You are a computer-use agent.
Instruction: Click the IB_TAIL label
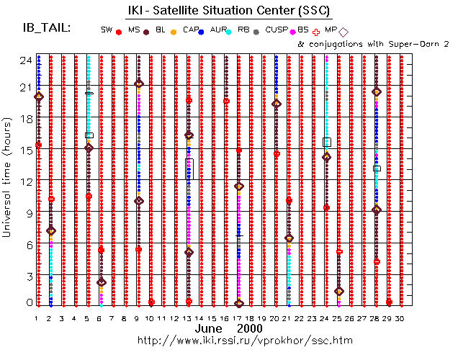[x=48, y=27]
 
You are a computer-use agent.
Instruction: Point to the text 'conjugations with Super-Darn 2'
[x=380, y=45]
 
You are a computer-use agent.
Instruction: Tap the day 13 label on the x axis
[x=188, y=318]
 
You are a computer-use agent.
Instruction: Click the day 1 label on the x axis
[x=37, y=318]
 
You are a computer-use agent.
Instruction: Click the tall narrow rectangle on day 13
[x=189, y=169]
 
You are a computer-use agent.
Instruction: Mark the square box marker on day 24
[x=327, y=143]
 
